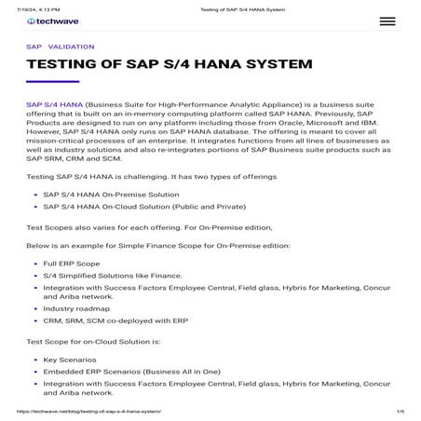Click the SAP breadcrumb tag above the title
click(x=34, y=47)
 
